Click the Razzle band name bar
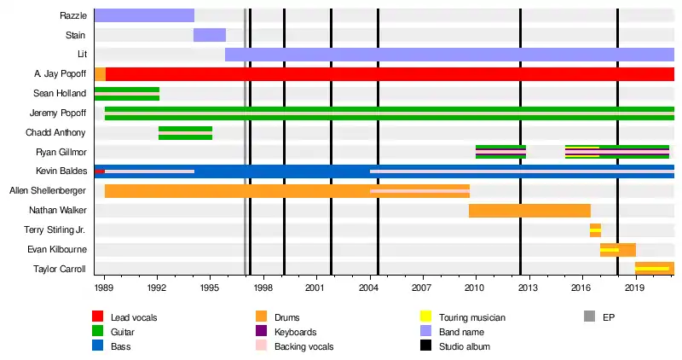(143, 15)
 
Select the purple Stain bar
(210, 35)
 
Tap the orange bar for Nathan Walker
(529, 211)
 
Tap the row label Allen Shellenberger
(48, 191)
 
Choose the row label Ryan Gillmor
(61, 152)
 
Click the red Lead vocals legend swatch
(97, 317)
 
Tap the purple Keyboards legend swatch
(261, 332)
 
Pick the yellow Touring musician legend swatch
(424, 317)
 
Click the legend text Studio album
(464, 346)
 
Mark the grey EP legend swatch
(588, 317)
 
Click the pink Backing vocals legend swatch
(261, 346)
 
